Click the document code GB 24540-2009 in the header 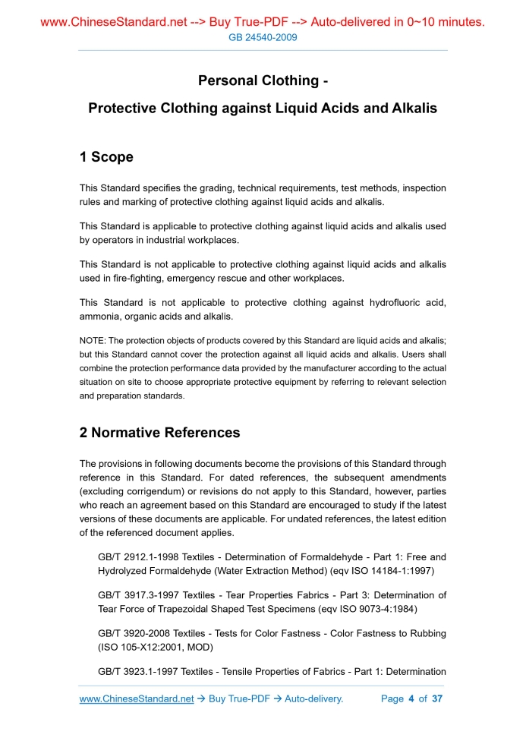pyautogui.click(x=263, y=37)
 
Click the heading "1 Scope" pyautogui.click(x=106, y=157)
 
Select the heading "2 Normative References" pyautogui.click(x=159, y=433)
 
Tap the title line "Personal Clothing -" pyautogui.click(x=263, y=80)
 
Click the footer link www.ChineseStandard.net pyautogui.click(x=137, y=698)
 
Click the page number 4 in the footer pyautogui.click(x=411, y=698)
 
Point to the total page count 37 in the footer pyautogui.click(x=437, y=698)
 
